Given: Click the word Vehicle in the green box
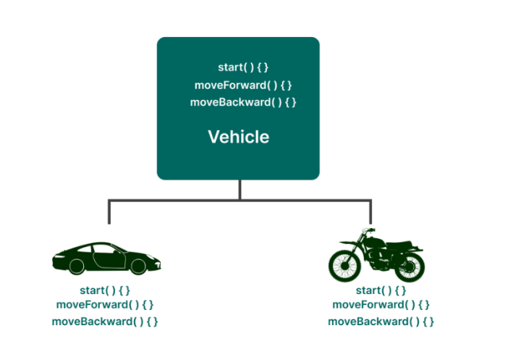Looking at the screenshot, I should pyautogui.click(x=238, y=136).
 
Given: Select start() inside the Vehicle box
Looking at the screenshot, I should pyautogui.click(x=243, y=67).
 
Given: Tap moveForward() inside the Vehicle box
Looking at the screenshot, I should pyautogui.click(x=243, y=85).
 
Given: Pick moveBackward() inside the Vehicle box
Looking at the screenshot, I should pyautogui.click(x=243, y=102).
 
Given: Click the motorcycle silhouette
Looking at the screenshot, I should pyautogui.click(x=376, y=255).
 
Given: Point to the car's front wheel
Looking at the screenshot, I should pyautogui.click(x=138, y=266).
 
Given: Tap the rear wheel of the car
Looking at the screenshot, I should pyautogui.click(x=75, y=266).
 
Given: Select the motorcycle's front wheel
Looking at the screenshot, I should pyautogui.click(x=344, y=266).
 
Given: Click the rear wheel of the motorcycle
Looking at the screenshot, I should pyautogui.click(x=409, y=266).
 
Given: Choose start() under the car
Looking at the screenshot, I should pyautogui.click(x=105, y=290).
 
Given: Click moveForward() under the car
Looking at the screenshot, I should pyautogui.click(x=105, y=304).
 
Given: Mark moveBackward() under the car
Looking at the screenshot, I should pyautogui.click(x=105, y=321).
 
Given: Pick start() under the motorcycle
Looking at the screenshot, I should pyautogui.click(x=381, y=290).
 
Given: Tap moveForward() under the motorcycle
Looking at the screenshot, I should pyautogui.click(x=381, y=304).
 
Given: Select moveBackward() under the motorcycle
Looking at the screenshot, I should pyautogui.click(x=381, y=321).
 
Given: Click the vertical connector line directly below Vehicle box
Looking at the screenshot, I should pyautogui.click(x=239, y=189).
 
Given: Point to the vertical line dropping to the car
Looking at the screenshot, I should pyautogui.click(x=109, y=212).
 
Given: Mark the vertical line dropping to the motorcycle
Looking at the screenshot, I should pyautogui.click(x=370, y=212).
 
